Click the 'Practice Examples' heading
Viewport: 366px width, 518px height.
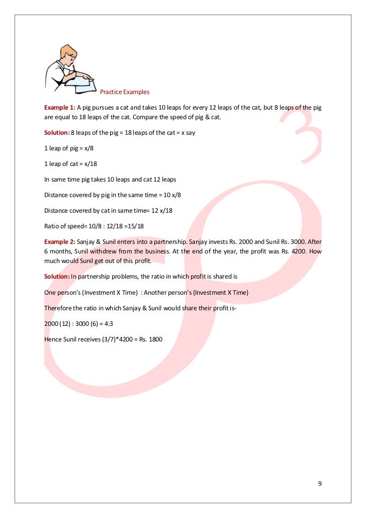pos(125,92)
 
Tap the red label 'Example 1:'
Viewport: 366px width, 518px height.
pos(59,107)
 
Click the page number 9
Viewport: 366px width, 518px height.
pos(320,484)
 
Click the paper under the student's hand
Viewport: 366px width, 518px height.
pos(80,87)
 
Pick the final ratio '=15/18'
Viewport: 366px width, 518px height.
pos(141,226)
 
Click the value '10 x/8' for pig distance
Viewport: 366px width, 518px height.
pos(168,195)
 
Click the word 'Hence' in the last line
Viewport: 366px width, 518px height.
pos(53,338)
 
